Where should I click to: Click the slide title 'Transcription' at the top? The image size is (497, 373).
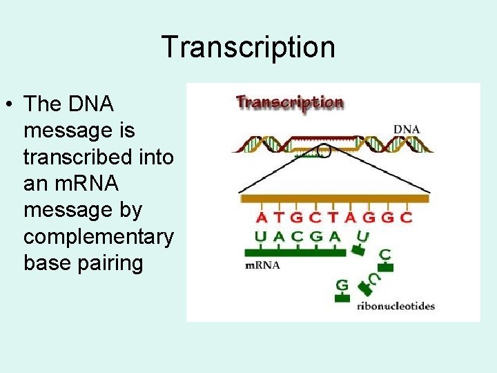click(x=248, y=47)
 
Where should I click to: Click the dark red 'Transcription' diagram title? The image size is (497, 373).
click(x=289, y=102)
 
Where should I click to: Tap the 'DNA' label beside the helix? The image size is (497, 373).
click(x=407, y=129)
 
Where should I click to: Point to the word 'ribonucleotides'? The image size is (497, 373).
click(x=396, y=305)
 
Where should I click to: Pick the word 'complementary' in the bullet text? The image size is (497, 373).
click(x=99, y=237)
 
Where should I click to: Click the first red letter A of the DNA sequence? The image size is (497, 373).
click(x=262, y=218)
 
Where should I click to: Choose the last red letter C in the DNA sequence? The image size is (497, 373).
click(x=407, y=218)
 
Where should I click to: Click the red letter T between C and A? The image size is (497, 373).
click(x=333, y=218)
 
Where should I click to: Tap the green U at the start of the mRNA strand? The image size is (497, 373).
click(x=261, y=236)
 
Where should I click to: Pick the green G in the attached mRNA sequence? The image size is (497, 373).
click(x=316, y=236)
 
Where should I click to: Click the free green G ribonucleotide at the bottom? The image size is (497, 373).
click(x=341, y=285)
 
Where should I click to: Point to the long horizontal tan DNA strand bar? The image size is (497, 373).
click(x=334, y=199)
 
